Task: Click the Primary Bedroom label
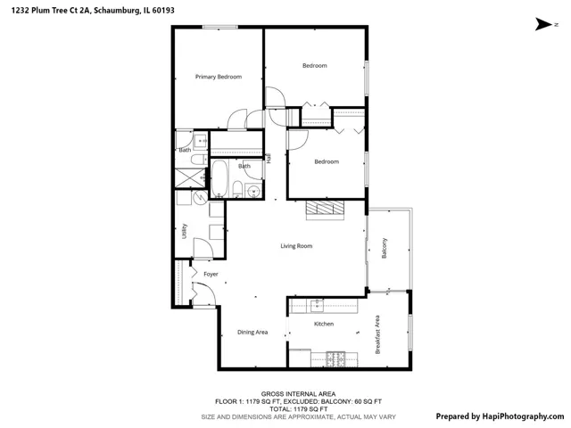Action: coord(219,77)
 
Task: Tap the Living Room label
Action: coord(296,246)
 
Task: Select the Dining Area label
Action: coord(252,332)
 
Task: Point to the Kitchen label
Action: coord(324,324)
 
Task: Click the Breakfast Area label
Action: coord(377,334)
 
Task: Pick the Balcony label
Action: coord(385,248)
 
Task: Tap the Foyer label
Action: coord(211,274)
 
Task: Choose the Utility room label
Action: coord(185,231)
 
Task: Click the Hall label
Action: coord(269,158)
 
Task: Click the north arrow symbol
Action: coord(543,24)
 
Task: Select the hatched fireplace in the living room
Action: coord(325,208)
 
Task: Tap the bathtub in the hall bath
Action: coord(219,178)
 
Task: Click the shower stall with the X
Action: coord(190,178)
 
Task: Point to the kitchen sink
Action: coord(318,306)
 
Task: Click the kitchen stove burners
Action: coord(335,359)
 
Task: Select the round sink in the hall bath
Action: coord(252,190)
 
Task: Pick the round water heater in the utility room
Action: coord(200,198)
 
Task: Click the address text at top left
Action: coord(93,11)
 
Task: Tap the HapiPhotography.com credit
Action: coord(500,416)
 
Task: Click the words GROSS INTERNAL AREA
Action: coord(298,394)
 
